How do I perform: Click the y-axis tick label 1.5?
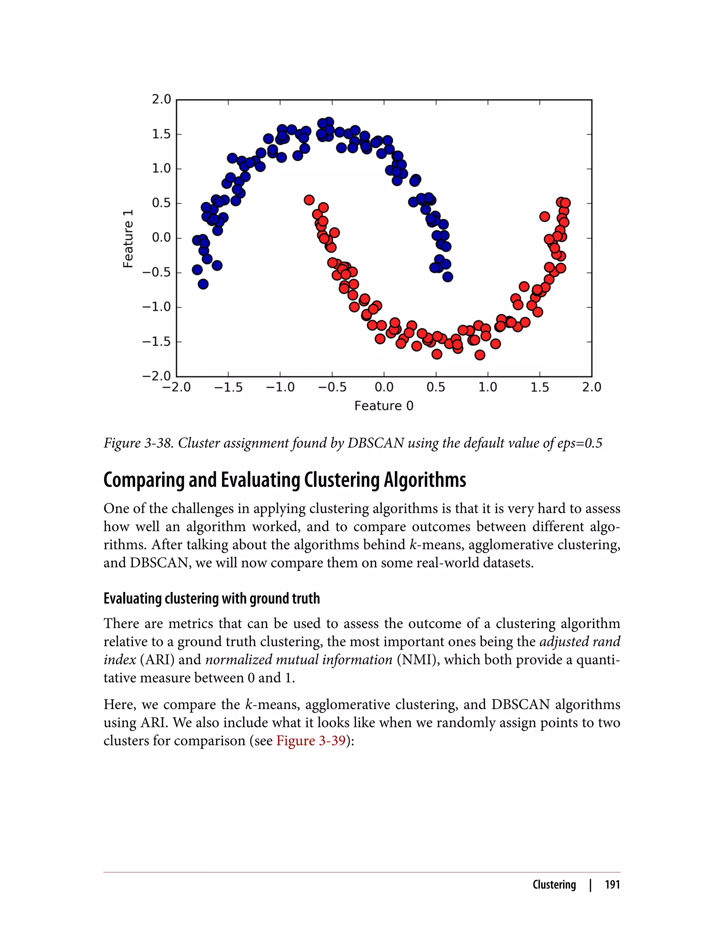161,134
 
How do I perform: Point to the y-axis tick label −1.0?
157,307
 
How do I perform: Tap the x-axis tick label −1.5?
228,387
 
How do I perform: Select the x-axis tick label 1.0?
487,387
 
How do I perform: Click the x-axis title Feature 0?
384,406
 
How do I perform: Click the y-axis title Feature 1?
128,239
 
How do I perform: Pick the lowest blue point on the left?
203,284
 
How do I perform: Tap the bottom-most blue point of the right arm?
448,277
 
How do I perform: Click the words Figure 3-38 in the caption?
138,443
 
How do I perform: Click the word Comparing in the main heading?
144,480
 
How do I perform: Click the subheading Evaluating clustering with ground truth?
212,598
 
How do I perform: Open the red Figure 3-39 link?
311,740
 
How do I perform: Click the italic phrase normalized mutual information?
299,659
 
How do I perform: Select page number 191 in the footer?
612,885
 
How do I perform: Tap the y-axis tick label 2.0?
161,100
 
